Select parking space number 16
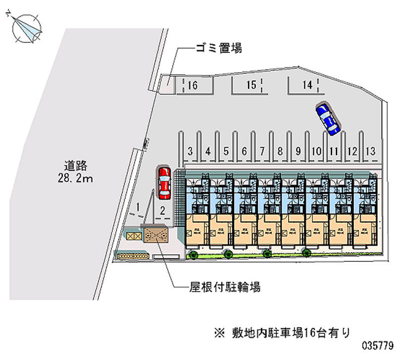coord(193,85)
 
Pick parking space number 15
coord(251,85)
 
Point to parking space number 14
coord(308,85)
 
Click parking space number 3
coord(190,151)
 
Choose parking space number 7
coord(262,151)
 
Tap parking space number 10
coord(317,151)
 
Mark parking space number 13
coord(370,151)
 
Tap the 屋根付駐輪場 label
coord(225,287)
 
